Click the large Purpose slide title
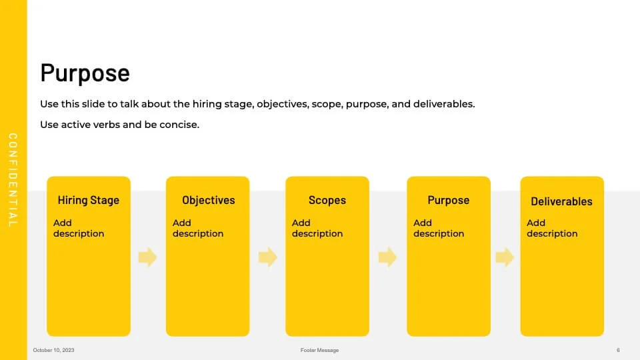(x=85, y=73)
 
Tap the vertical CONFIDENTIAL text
(x=13, y=179)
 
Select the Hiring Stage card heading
(x=89, y=201)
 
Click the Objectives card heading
(x=209, y=201)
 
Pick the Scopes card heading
(x=327, y=201)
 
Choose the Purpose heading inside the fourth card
(x=449, y=201)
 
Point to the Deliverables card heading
(x=561, y=201)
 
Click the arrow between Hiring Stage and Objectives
(x=148, y=257)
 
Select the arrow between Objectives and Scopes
(x=268, y=257)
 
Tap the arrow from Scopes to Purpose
(x=387, y=257)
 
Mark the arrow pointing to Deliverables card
(x=505, y=257)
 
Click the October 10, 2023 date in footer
(x=53, y=350)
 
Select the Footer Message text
(x=319, y=350)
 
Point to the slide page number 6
(x=618, y=350)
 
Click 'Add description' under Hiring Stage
(x=79, y=228)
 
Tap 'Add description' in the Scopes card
(x=317, y=228)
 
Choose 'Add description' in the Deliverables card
(x=552, y=228)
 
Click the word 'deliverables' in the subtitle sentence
(x=444, y=104)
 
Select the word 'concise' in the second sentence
(x=179, y=125)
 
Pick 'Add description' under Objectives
(x=198, y=228)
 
